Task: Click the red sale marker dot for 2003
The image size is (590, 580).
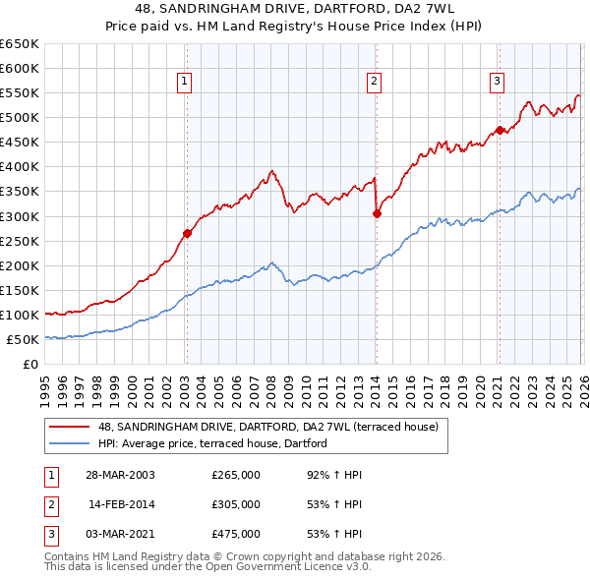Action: (x=187, y=233)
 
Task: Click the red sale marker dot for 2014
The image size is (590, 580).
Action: (x=377, y=213)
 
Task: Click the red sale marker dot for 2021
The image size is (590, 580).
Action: (x=499, y=129)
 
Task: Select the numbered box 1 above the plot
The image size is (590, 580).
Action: (x=185, y=82)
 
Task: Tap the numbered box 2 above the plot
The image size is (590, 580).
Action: (x=375, y=82)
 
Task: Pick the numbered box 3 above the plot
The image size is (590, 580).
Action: (x=498, y=82)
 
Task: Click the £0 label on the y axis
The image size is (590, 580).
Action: (x=30, y=364)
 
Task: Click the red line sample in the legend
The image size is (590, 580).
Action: (x=70, y=428)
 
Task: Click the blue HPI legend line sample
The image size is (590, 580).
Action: (x=70, y=444)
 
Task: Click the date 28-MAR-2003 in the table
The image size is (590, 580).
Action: (x=121, y=475)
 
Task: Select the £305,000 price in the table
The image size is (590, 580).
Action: (x=236, y=504)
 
